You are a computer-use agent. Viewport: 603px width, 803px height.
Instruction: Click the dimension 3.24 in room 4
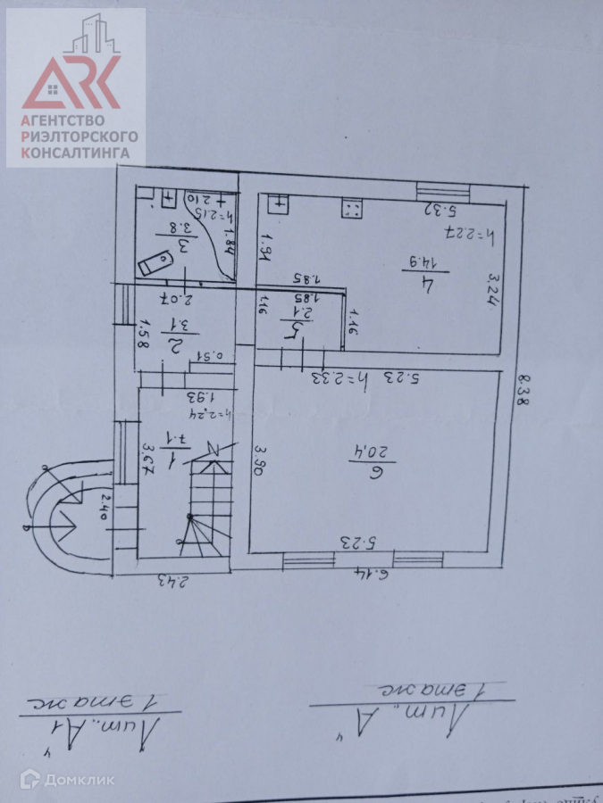coord(493,289)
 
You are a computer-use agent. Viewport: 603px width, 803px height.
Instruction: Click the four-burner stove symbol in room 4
coord(351,210)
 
